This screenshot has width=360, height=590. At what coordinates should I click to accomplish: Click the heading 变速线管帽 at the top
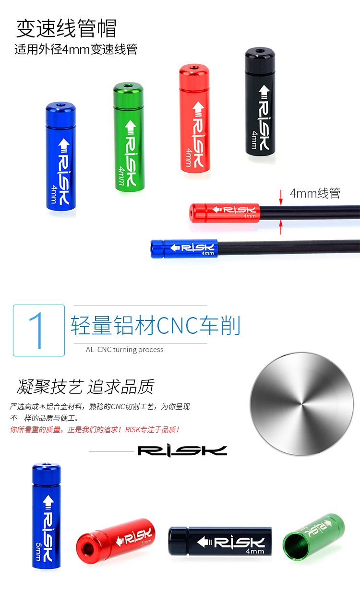click(x=66, y=28)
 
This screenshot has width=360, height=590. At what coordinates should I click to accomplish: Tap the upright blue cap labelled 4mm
click(x=61, y=155)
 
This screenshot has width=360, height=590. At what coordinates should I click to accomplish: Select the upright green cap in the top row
click(x=129, y=137)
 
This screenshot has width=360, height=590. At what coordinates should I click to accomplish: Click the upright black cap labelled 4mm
click(x=260, y=101)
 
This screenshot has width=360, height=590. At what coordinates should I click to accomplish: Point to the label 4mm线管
click(x=315, y=193)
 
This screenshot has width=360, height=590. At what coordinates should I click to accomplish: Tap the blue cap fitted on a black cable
click(x=184, y=248)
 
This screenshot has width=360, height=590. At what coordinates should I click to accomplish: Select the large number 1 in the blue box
click(x=39, y=330)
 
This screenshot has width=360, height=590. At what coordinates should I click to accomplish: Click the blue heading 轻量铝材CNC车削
click(x=155, y=325)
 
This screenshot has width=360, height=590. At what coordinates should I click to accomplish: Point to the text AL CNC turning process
click(x=125, y=350)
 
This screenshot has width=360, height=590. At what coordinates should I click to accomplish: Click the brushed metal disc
click(x=302, y=404)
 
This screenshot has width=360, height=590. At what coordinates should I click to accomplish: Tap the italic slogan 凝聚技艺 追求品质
click(x=85, y=386)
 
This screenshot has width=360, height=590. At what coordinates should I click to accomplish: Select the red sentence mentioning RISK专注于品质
click(x=95, y=429)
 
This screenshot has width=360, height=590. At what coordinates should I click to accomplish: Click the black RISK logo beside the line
click(x=182, y=451)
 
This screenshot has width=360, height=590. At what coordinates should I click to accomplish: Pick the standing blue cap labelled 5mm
click(x=47, y=512)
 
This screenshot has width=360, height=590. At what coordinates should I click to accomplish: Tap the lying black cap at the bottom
click(x=220, y=541)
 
